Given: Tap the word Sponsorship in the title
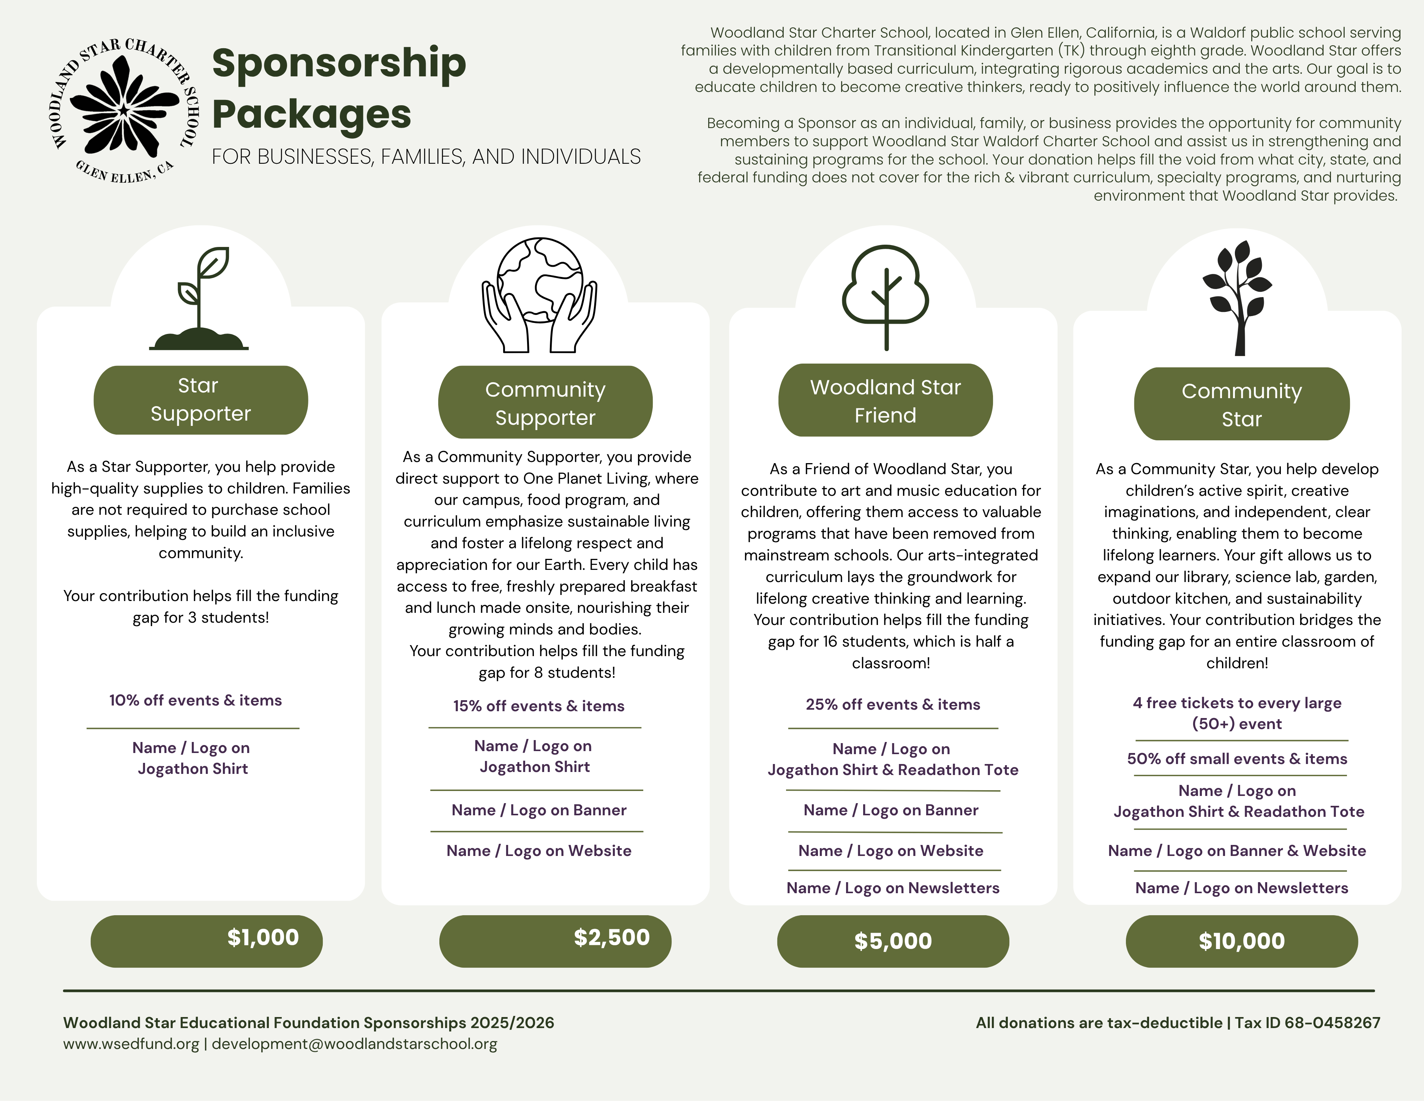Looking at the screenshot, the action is click(339, 63).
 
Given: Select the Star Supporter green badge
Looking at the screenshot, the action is click(201, 400).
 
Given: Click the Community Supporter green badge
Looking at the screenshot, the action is click(545, 402).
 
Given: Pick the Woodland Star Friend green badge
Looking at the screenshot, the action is click(886, 400).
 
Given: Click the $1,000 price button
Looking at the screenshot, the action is click(207, 941).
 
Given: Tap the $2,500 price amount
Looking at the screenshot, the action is click(612, 937).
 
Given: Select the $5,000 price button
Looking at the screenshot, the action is click(893, 941).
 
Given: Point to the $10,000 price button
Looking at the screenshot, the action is click(1242, 941).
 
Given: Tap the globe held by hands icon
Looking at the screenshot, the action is click(539, 295).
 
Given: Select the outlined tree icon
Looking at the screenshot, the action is click(886, 297).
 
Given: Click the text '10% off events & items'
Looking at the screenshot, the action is click(196, 701).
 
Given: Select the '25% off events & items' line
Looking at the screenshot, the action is click(893, 704).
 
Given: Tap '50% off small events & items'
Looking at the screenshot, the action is click(1237, 759).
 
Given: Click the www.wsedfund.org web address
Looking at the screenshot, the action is click(131, 1044).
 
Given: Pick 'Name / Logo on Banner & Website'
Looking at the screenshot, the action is click(1237, 851).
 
